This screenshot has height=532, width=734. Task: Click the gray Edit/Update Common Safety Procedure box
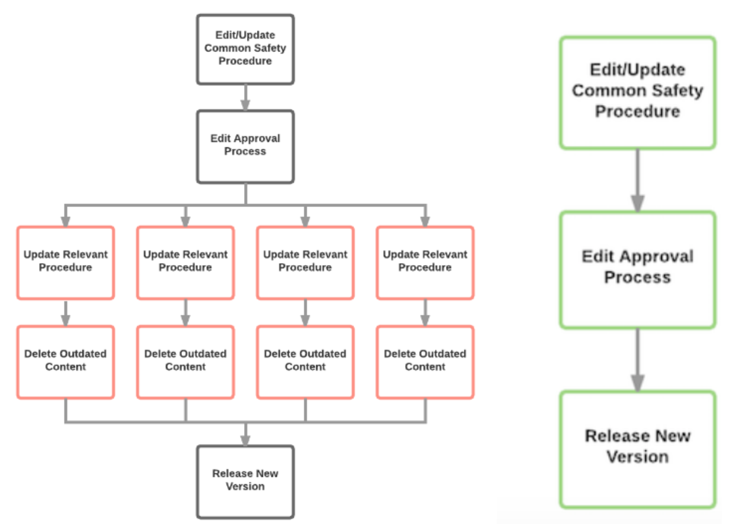click(x=245, y=50)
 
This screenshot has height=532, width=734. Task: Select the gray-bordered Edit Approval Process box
click(x=245, y=146)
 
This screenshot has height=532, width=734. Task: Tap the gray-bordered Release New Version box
click(x=245, y=482)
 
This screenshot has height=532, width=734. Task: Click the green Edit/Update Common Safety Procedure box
click(x=637, y=93)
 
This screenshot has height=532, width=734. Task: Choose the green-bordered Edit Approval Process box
click(x=637, y=269)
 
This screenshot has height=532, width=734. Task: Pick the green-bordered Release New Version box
click(x=637, y=449)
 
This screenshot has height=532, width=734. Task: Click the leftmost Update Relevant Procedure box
click(x=65, y=262)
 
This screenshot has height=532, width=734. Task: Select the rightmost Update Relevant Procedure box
click(x=425, y=262)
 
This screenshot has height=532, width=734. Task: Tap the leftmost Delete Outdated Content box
click(x=65, y=362)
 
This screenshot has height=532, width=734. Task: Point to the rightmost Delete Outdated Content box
click(x=425, y=362)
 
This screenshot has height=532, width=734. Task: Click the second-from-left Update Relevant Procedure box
click(x=185, y=262)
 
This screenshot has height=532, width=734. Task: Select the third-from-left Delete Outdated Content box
click(x=305, y=362)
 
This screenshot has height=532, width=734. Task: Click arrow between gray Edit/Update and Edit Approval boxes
click(x=245, y=98)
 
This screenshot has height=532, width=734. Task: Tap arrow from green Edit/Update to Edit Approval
click(x=637, y=181)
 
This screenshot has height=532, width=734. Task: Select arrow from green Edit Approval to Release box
click(x=637, y=360)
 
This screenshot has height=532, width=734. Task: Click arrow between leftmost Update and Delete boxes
click(x=65, y=313)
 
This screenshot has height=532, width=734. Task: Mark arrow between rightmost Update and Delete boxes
click(x=425, y=313)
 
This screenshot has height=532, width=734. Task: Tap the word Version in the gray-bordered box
click(x=245, y=487)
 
